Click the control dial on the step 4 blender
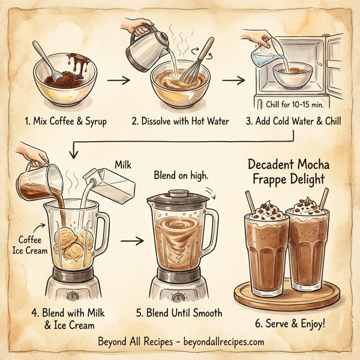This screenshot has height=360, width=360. pos(73,296)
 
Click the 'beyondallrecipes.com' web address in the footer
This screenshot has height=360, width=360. pos(221,342)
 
